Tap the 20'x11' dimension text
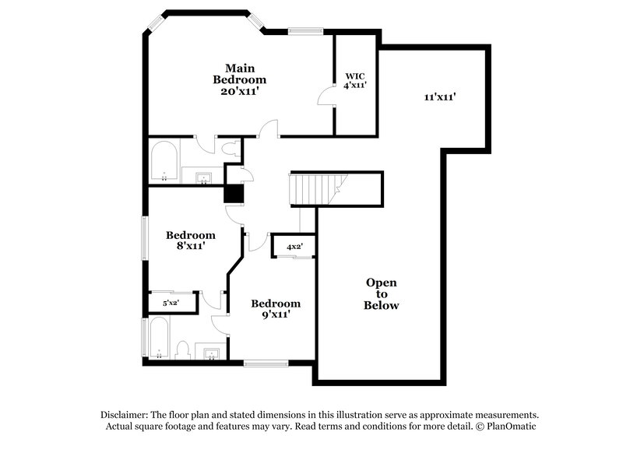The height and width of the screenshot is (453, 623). click(240, 91)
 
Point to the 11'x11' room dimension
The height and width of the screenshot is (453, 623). click(439, 97)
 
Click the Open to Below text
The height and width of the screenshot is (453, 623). click(382, 293)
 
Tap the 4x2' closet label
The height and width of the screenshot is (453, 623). click(294, 247)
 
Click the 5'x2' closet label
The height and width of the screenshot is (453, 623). click(171, 303)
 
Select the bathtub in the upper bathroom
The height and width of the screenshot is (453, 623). click(164, 161)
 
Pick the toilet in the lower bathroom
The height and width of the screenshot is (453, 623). click(183, 350)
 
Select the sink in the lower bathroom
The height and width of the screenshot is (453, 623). click(211, 355)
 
